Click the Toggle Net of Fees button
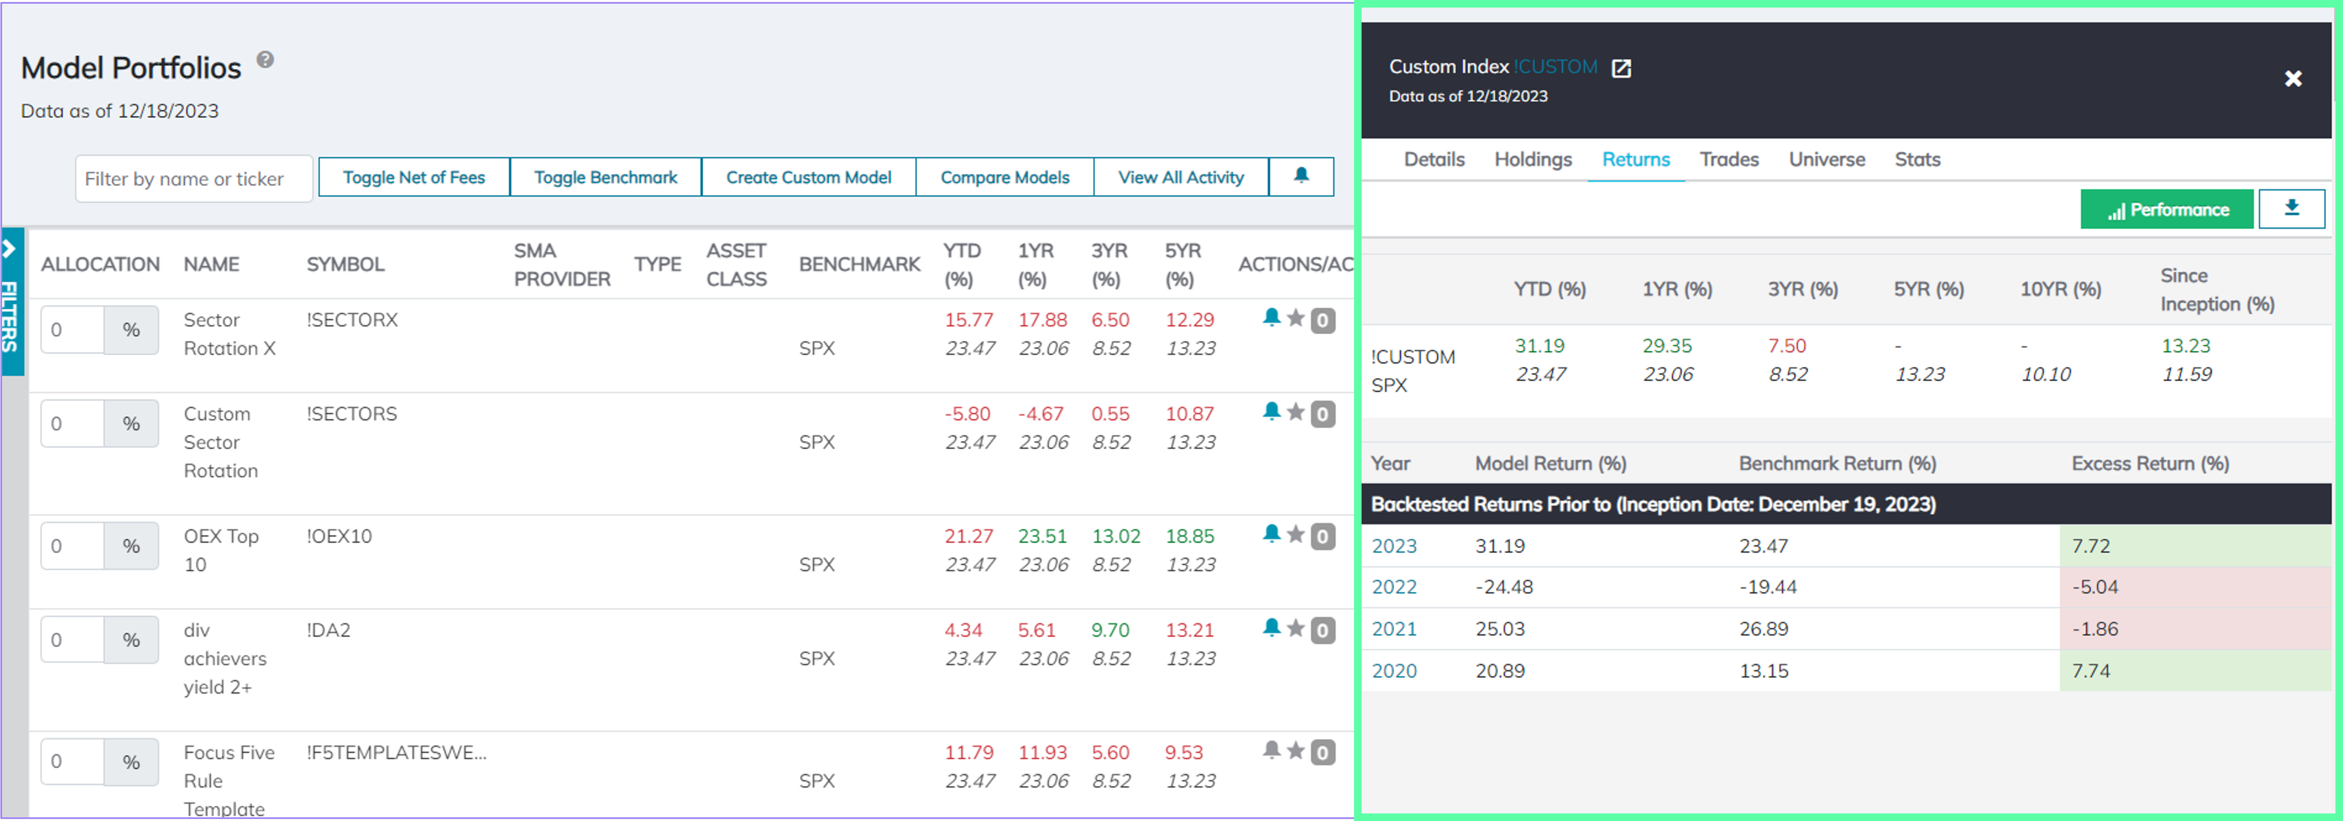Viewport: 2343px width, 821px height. coord(414,178)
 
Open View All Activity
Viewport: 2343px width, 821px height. coord(1180,178)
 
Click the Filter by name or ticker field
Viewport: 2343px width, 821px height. coord(194,179)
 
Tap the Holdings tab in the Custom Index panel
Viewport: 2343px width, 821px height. coord(1533,159)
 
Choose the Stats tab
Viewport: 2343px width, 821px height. coord(1916,159)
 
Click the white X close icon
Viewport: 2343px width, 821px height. coord(2293,79)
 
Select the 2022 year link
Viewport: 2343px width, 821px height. coord(1393,587)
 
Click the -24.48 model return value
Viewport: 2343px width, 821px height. coord(1503,587)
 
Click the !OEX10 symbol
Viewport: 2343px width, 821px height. coord(339,536)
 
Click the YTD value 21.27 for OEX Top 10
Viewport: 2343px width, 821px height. coord(968,536)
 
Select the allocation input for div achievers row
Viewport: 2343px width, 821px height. coord(72,640)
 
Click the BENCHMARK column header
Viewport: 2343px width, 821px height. coord(858,264)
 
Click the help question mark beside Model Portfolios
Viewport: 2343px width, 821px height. coord(265,60)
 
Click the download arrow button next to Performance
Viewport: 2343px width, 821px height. coord(2291,208)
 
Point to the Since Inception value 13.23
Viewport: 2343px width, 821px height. coord(2185,346)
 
